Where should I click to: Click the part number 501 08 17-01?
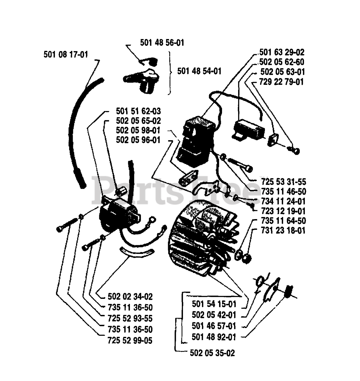(66, 55)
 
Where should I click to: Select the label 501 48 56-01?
(162, 43)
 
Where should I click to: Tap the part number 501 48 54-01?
(199, 71)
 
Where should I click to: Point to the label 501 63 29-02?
(282, 52)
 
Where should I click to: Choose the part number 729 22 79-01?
(281, 82)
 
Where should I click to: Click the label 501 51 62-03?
(138, 111)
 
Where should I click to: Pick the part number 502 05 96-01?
(138, 140)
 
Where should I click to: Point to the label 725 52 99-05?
(130, 340)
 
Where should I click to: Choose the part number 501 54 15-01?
(214, 304)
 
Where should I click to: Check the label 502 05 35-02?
(212, 353)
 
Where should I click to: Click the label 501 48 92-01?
(214, 337)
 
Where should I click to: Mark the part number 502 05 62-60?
(282, 62)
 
